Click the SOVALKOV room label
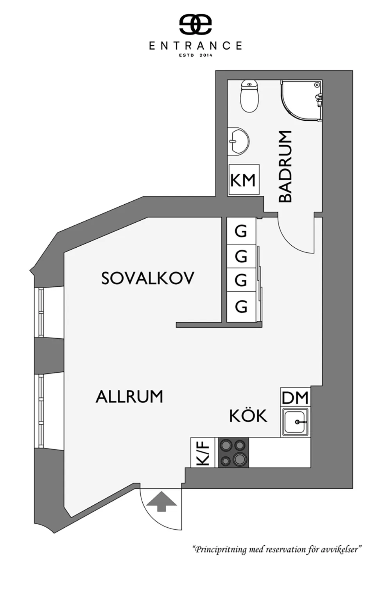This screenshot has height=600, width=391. click(147, 278)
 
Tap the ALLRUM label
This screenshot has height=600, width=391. click(129, 396)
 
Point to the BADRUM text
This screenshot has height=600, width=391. click(285, 166)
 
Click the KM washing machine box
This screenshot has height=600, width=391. click(244, 179)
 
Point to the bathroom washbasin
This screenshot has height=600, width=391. click(239, 141)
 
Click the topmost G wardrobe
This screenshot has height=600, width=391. click(241, 231)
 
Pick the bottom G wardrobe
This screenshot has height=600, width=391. click(241, 307)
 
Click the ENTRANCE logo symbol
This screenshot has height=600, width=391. click(195, 24)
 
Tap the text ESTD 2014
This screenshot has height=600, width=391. click(195, 55)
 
